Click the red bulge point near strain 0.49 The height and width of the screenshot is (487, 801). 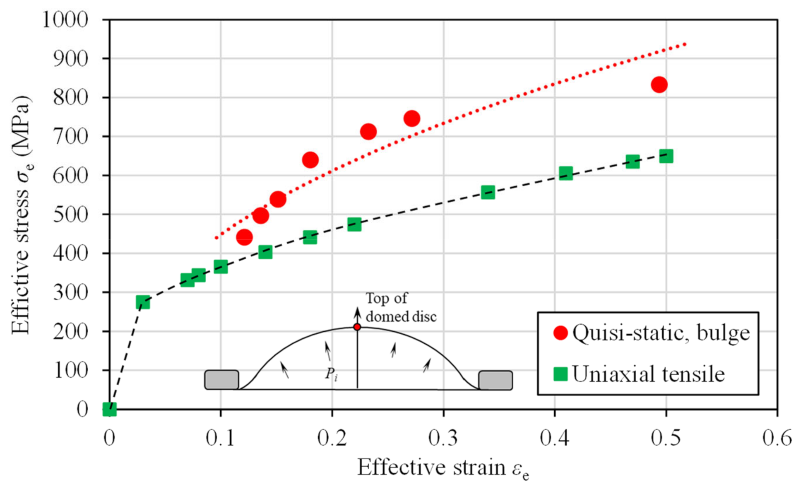click(659, 85)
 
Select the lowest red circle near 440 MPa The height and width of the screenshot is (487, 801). click(244, 237)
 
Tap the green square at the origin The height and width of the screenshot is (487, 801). click(109, 409)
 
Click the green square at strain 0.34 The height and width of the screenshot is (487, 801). click(488, 192)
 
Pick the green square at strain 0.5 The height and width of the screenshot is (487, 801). click(666, 157)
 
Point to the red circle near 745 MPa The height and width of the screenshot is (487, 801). click(411, 118)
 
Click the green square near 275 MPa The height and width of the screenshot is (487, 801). click(142, 302)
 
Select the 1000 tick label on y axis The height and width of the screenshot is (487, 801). click(65, 19)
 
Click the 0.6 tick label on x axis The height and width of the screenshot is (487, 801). click(777, 438)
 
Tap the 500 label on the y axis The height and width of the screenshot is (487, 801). click(70, 215)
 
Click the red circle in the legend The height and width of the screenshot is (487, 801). click(560, 333)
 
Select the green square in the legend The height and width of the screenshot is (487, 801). click(560, 374)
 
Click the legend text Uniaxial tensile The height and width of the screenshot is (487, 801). click(648, 374)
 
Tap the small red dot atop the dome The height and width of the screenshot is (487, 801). click(357, 327)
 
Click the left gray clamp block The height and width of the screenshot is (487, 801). click(221, 380)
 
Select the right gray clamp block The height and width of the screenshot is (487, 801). click(496, 380)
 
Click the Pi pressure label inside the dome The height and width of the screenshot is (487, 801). click(331, 374)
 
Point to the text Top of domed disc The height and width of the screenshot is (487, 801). click(400, 307)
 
